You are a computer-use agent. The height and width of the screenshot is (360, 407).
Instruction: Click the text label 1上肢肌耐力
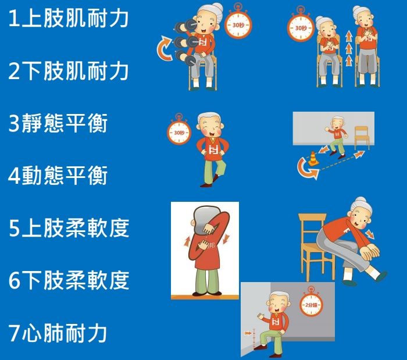[68, 18]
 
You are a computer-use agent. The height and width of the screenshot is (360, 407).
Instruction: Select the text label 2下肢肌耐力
[68, 70]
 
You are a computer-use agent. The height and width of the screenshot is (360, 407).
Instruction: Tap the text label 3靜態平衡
[58, 123]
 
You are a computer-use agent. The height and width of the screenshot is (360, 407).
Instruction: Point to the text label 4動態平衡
[58, 176]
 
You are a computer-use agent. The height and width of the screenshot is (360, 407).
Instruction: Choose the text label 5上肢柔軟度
[69, 228]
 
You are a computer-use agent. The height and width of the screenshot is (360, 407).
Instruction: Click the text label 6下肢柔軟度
[69, 280]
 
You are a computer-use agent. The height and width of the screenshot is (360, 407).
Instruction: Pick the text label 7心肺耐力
[58, 333]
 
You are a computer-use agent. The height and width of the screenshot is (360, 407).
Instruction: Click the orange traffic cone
[313, 158]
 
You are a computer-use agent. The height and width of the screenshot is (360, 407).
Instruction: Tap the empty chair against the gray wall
[362, 138]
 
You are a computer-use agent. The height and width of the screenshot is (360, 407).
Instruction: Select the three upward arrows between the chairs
[349, 49]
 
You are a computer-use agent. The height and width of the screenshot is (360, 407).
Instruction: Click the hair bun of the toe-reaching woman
[361, 201]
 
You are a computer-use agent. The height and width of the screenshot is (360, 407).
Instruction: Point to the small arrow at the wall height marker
[248, 333]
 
